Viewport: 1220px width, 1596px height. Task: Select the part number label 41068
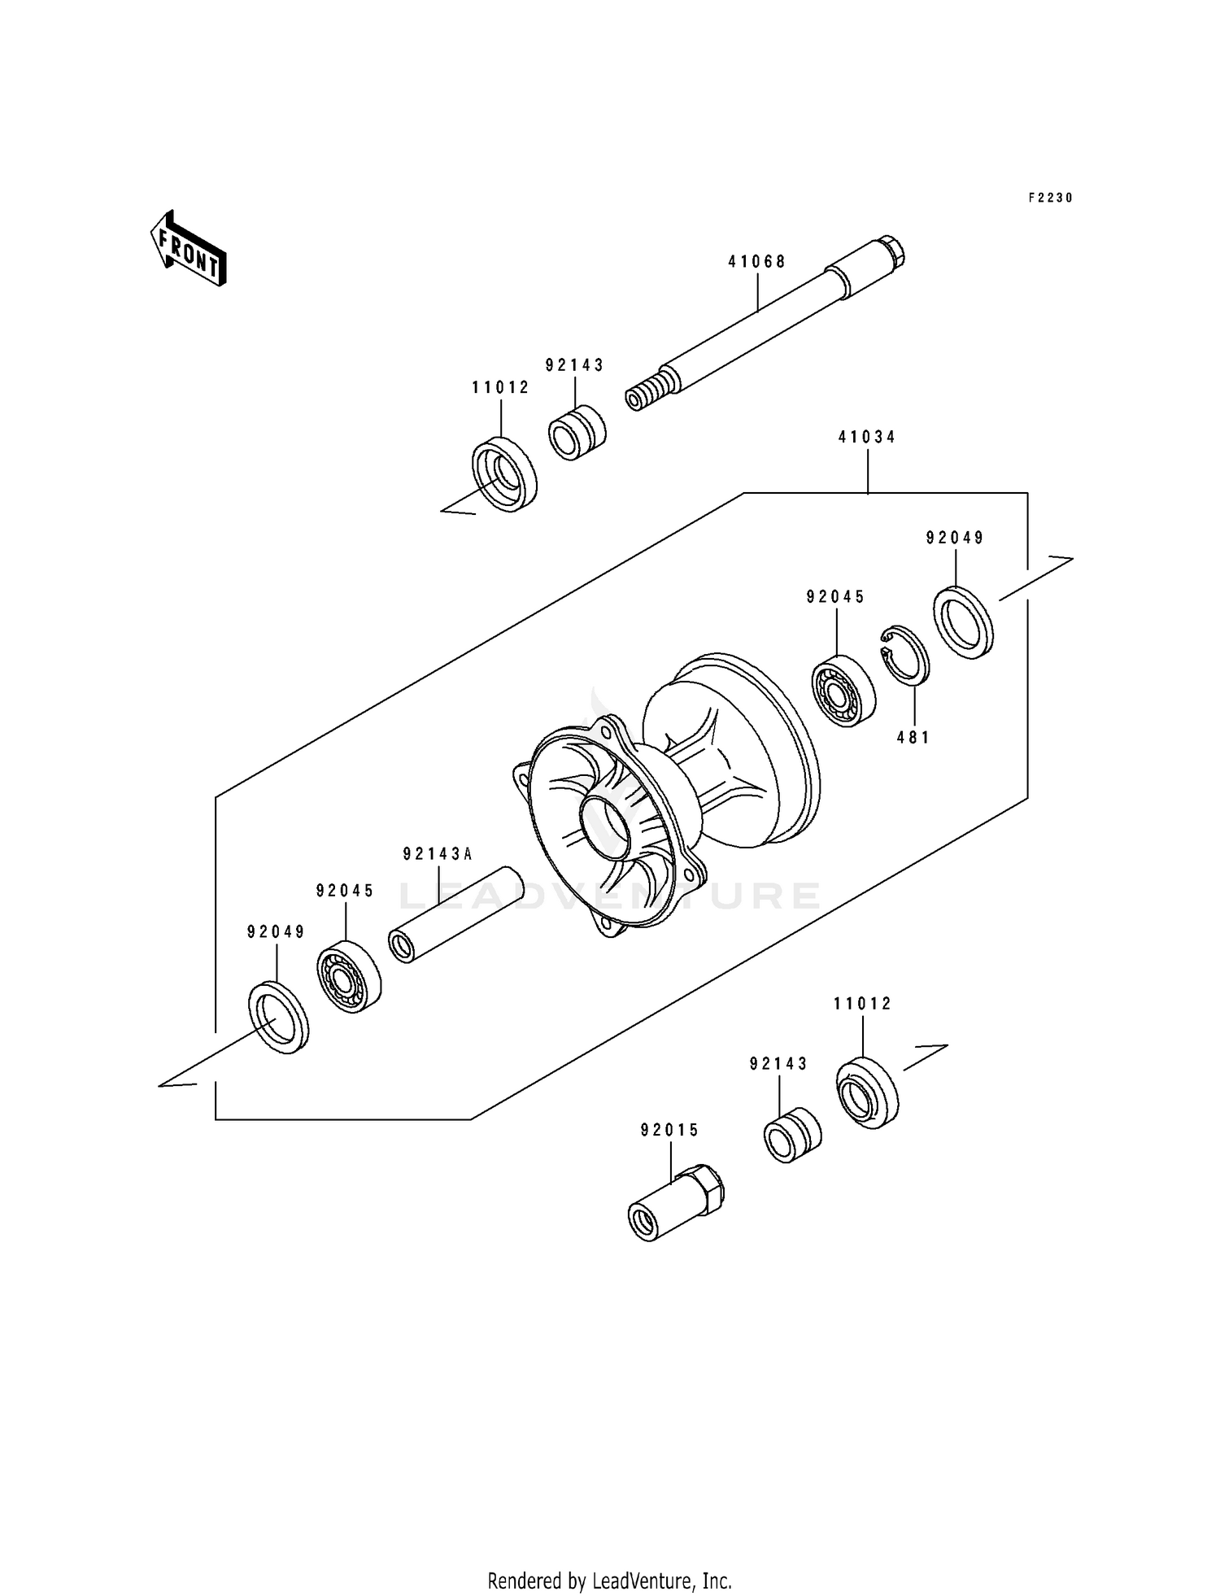pyautogui.click(x=756, y=262)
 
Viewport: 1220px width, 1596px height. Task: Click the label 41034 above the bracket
pyautogui.click(x=867, y=438)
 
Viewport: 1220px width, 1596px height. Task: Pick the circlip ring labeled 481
pyautogui.click(x=906, y=656)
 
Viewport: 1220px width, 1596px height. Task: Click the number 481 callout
pyautogui.click(x=913, y=738)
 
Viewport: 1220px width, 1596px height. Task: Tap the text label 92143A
pyautogui.click(x=438, y=854)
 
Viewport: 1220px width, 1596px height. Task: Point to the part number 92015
pyautogui.click(x=669, y=1131)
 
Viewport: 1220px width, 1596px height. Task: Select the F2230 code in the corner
pyautogui.click(x=1050, y=198)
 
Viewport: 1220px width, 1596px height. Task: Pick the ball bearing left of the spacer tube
pyautogui.click(x=349, y=976)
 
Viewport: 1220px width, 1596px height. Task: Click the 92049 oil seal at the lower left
pyautogui.click(x=278, y=1018)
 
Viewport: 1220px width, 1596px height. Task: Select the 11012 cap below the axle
pyautogui.click(x=504, y=475)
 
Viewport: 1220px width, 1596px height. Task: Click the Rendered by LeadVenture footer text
pyautogui.click(x=609, y=1581)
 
